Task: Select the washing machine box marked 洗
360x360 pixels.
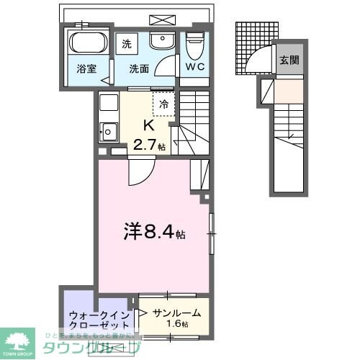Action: click(127, 43)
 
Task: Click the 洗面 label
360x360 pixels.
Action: click(140, 70)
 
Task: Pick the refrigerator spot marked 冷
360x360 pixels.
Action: click(163, 104)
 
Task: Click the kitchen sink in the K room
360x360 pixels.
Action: click(109, 132)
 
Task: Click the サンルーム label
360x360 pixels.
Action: click(177, 314)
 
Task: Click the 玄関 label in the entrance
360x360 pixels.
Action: click(289, 60)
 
